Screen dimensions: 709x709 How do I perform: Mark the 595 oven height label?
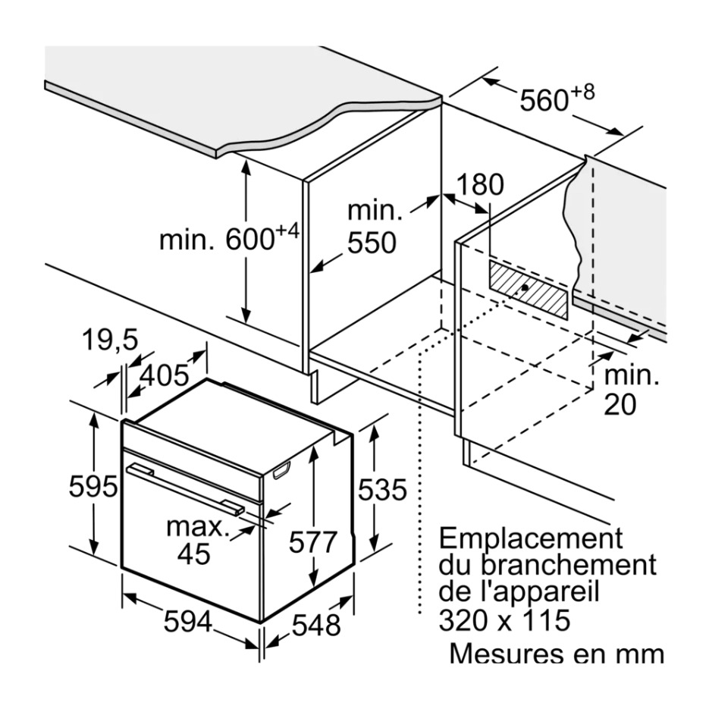(x=93, y=486)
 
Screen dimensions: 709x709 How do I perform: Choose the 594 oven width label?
(x=188, y=623)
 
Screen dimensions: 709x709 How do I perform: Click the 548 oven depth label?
(x=316, y=625)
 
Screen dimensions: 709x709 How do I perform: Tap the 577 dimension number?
(x=313, y=542)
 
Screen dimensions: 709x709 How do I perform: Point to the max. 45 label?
(x=196, y=539)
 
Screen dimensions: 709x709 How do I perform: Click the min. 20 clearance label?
(x=632, y=390)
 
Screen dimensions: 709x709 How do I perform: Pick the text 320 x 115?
(x=504, y=620)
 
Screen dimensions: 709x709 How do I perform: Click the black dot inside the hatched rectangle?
(x=524, y=289)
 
